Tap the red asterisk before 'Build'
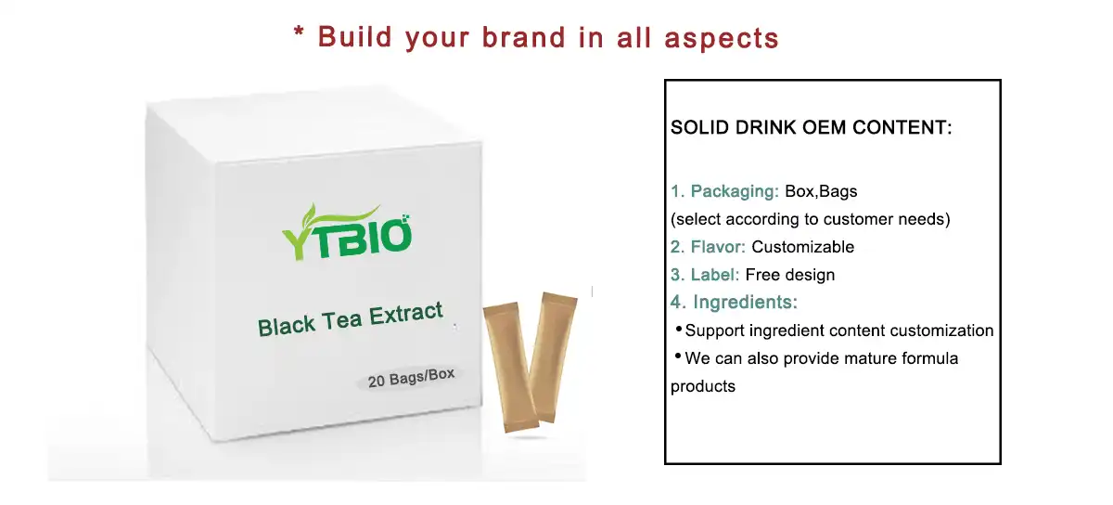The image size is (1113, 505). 299,35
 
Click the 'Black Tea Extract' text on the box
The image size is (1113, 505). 350,318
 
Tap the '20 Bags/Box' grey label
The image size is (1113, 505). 411,379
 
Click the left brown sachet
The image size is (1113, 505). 509,367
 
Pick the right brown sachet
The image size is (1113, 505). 553,356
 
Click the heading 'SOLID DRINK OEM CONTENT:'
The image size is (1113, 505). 811,128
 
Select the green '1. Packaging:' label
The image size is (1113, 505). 724,192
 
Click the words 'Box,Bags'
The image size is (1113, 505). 821,192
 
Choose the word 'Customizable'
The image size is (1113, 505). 802,247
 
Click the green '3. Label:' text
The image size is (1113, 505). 705,275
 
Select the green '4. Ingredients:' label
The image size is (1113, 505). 734,302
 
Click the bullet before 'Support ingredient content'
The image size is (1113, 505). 678,330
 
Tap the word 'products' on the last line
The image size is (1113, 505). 702,386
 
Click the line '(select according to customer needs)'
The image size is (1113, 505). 810,220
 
